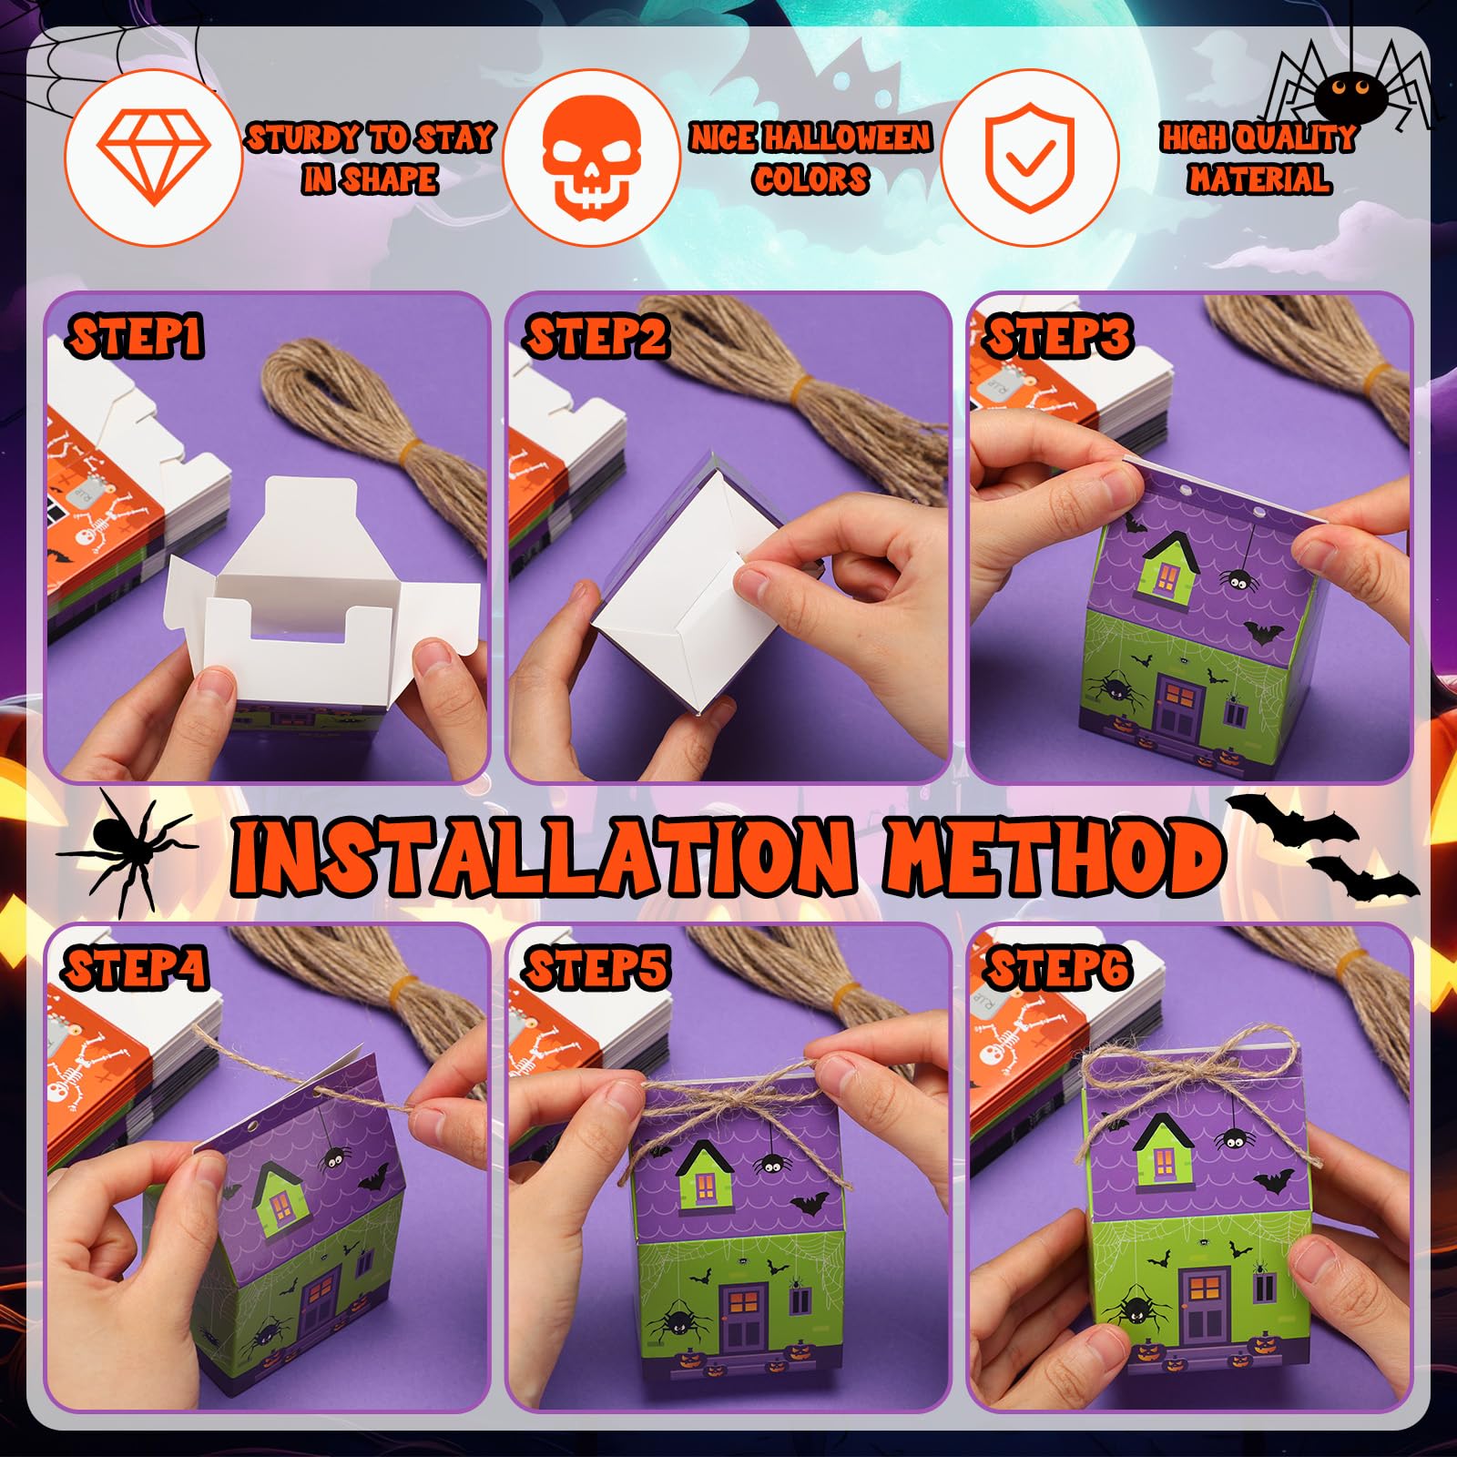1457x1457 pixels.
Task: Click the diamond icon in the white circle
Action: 154,158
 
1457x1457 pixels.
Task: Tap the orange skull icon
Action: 593,157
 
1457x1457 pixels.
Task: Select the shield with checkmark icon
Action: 1030,157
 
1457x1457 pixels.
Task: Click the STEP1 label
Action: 136,337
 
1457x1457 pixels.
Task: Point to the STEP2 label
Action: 596,336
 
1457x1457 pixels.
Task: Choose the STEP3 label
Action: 1058,336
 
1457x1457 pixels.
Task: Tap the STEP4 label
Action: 136,968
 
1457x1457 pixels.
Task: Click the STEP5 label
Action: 596,967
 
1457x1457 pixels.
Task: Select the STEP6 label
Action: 1058,967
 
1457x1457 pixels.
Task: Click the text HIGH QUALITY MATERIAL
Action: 1258,158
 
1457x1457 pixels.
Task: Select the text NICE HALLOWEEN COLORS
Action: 810,158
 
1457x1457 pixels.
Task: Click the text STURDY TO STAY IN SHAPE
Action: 371,158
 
